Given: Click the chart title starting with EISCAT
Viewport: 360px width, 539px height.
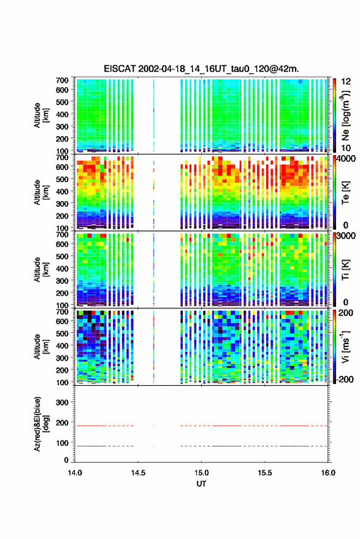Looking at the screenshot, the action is click(202, 69).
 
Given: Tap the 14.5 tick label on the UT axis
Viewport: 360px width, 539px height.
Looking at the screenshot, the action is click(138, 473).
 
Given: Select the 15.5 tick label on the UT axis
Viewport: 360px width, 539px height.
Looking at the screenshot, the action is click(265, 473).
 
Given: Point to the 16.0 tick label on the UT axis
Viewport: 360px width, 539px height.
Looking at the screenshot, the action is click(328, 473).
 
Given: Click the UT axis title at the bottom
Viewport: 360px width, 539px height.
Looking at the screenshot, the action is click(202, 484).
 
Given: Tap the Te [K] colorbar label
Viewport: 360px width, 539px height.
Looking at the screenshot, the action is click(345, 193).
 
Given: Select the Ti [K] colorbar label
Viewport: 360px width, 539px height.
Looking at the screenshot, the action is click(345, 270).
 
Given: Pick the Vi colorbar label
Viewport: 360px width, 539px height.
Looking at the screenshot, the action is click(345, 347).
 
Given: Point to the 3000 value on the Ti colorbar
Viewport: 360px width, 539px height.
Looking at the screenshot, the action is click(347, 236).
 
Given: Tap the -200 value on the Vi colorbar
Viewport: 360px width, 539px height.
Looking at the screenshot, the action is click(343, 379).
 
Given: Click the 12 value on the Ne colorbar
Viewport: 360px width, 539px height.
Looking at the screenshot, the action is click(347, 82).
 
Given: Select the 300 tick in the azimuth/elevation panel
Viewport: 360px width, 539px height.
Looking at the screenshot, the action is click(62, 402).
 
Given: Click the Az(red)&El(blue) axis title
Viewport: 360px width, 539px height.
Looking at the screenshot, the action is click(42, 424).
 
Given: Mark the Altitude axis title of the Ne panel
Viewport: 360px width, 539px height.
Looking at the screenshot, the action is click(41, 115).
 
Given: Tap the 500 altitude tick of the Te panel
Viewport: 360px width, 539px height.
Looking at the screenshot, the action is click(62, 179).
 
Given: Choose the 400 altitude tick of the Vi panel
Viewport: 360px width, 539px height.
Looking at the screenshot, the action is click(62, 345).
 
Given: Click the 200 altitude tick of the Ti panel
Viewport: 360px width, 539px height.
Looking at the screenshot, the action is click(62, 293).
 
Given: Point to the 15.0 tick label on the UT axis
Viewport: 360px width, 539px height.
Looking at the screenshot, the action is click(202, 473).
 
